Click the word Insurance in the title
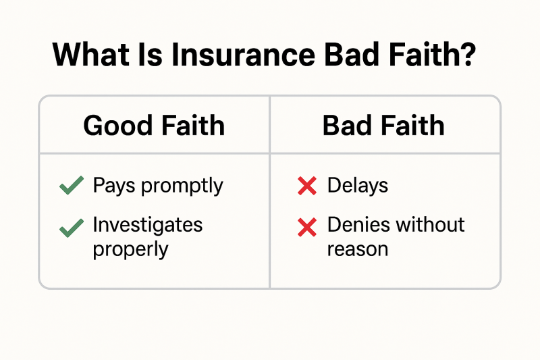point(243,55)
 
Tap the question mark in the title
point(468,54)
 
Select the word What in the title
point(91,55)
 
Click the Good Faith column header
point(154,126)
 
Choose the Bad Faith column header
point(383,126)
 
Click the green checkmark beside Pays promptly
point(72,185)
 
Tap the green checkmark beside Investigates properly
point(72,228)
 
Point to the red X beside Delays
point(307,186)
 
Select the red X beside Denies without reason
point(307,228)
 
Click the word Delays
point(358,186)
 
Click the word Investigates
point(148,226)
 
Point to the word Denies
point(359,225)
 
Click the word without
point(431,225)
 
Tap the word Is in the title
point(150,55)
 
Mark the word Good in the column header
point(117,126)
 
